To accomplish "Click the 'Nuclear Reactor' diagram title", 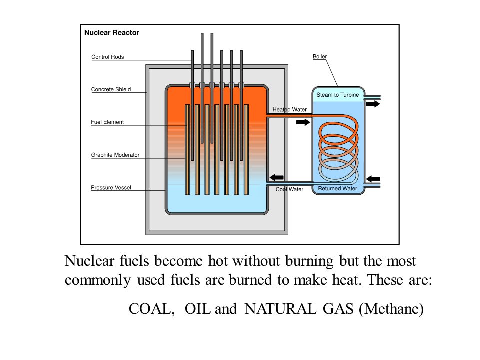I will click(112, 33).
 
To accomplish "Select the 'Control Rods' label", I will click(107, 57).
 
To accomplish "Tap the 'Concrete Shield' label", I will click(111, 90).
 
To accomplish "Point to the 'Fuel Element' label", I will click(107, 122).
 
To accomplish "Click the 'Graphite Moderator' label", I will click(115, 155).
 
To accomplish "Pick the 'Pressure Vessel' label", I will click(111, 188).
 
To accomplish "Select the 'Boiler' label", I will click(320, 57).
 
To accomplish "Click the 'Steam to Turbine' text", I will click(338, 95).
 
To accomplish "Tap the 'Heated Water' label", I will click(290, 110).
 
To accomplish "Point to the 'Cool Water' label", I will click(290, 189).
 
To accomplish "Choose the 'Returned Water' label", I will click(338, 189).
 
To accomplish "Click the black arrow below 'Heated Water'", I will click(303, 122).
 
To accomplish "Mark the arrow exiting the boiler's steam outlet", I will click(373, 104).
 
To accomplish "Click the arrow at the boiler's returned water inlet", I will click(373, 178).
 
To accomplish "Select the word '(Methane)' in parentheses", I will click(391, 309).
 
